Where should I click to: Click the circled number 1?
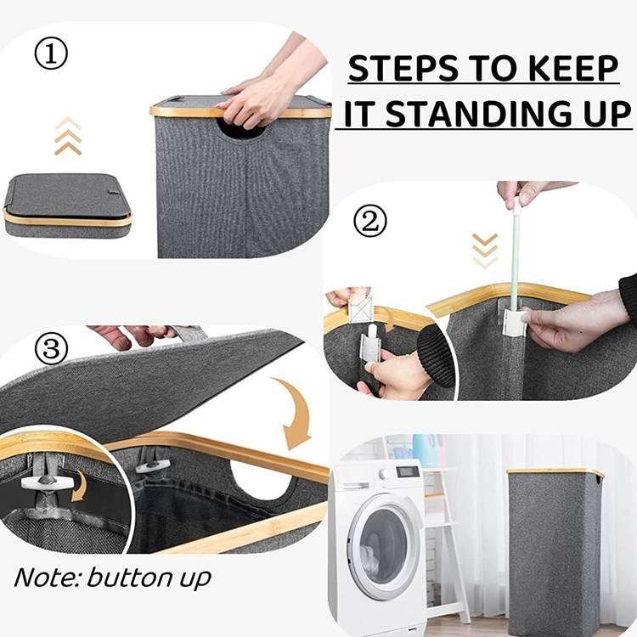click(51, 54)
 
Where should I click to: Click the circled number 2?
click(369, 222)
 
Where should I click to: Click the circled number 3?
click(51, 348)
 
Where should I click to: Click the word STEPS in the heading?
click(403, 68)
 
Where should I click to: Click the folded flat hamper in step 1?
click(68, 206)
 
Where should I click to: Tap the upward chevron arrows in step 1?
click(68, 137)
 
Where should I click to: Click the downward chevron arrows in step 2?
click(485, 251)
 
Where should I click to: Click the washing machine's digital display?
click(408, 471)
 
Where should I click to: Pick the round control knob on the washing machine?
click(384, 474)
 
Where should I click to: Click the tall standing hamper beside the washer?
click(554, 550)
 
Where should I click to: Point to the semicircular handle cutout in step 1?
click(242, 128)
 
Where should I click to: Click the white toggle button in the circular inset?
click(47, 482)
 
